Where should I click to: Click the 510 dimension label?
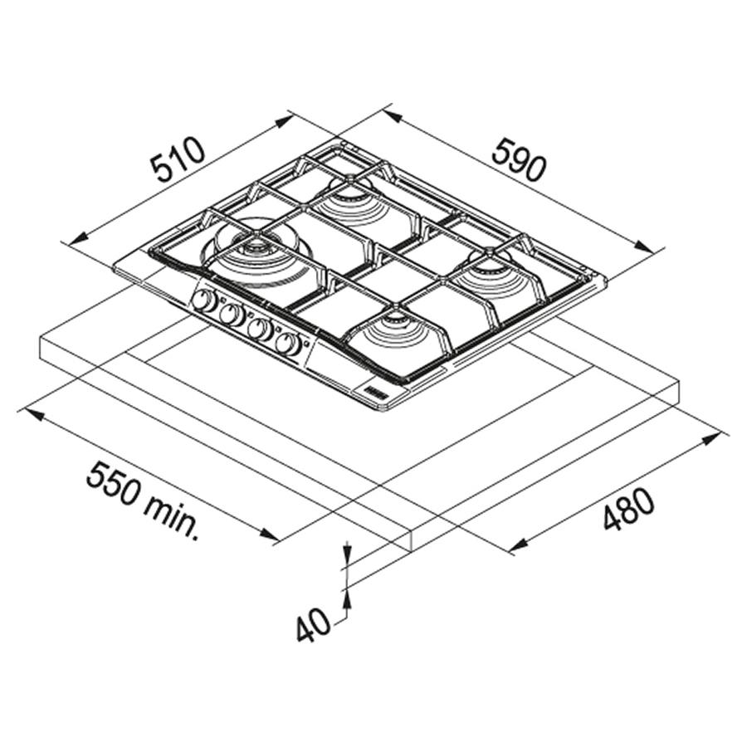tap(178, 160)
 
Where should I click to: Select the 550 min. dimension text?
tap(143, 500)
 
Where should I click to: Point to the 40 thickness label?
tap(313, 624)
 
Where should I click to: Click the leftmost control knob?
tap(204, 301)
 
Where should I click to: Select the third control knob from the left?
tap(260, 328)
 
